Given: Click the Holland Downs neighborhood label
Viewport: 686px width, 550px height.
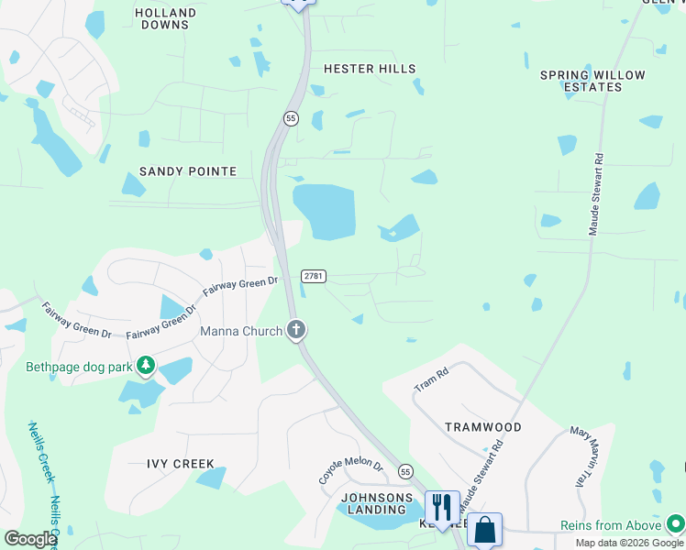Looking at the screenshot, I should pyautogui.click(x=165, y=19).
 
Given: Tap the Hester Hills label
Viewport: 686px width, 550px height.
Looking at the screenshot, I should pyautogui.click(x=370, y=69).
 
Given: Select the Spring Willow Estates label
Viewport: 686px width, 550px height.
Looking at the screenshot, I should pyautogui.click(x=592, y=81).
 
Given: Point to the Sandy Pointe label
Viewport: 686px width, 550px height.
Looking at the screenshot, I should pyautogui.click(x=188, y=171).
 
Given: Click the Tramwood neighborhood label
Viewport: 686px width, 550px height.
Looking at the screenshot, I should pyautogui.click(x=482, y=427).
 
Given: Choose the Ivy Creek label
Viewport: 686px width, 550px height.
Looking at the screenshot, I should pyautogui.click(x=181, y=464).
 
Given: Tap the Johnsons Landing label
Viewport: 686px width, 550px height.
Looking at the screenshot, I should pyautogui.click(x=373, y=503).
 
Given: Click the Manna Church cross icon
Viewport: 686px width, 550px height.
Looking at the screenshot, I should pyautogui.click(x=295, y=329).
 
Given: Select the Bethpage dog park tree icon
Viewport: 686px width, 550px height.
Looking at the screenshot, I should pyautogui.click(x=145, y=367).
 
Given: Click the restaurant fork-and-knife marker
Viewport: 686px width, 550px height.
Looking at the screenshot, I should pyautogui.click(x=441, y=507).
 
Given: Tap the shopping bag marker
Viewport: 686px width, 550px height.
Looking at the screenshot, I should pyautogui.click(x=484, y=529).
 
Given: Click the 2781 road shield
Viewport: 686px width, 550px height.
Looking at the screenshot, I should pyautogui.click(x=314, y=276).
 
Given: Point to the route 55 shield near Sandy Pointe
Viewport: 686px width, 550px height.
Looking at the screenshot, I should pyautogui.click(x=291, y=118).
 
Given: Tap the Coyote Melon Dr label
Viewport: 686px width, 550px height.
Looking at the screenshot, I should pyautogui.click(x=350, y=472).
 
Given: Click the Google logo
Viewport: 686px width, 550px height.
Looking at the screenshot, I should pyautogui.click(x=30, y=539).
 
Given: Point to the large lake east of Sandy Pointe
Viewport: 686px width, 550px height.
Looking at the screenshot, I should pyautogui.click(x=324, y=211).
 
